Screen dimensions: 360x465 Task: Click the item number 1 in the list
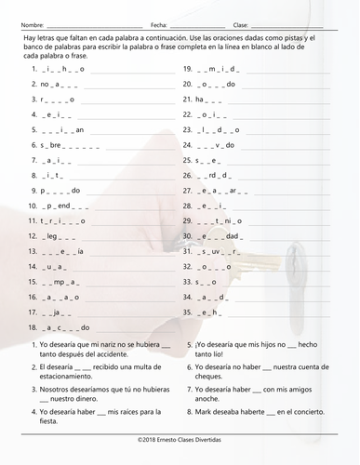tap(33, 69)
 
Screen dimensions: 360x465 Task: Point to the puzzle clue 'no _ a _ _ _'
tap(56, 84)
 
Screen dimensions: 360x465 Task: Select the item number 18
tap(34, 327)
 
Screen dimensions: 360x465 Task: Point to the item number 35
tap(187, 312)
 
